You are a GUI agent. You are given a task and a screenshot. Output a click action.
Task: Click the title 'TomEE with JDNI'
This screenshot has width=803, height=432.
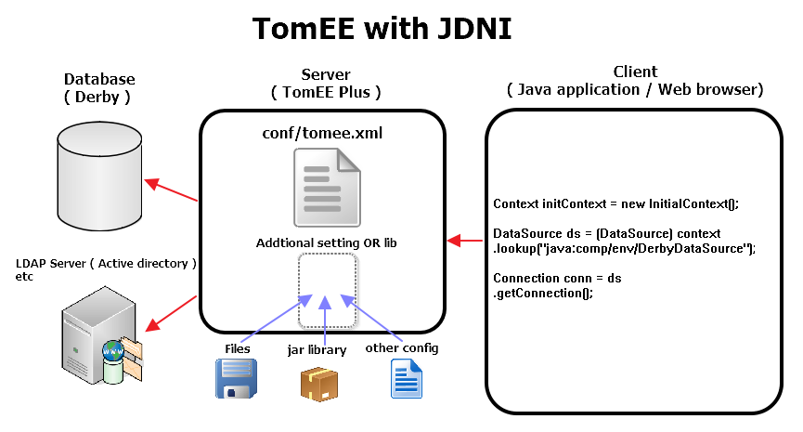pyautogui.click(x=382, y=30)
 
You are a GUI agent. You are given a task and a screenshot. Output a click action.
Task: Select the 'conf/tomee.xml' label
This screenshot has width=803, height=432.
pyautogui.click(x=324, y=133)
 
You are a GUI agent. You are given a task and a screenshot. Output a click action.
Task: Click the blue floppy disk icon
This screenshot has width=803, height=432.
pyautogui.click(x=233, y=380)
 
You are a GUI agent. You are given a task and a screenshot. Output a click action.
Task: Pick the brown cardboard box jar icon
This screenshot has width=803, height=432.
pyautogui.click(x=318, y=382)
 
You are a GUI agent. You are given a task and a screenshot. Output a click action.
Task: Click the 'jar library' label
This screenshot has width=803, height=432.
pyautogui.click(x=317, y=350)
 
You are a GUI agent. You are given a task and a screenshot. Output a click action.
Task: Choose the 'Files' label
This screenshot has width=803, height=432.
pyautogui.click(x=238, y=348)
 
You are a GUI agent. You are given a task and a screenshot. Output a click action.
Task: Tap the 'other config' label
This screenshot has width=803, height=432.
pyautogui.click(x=401, y=348)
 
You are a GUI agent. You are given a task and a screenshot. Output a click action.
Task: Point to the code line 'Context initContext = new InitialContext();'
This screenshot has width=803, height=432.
pyautogui.click(x=615, y=203)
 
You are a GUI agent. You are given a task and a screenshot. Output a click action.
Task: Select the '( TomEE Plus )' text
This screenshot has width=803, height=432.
pyautogui.click(x=325, y=93)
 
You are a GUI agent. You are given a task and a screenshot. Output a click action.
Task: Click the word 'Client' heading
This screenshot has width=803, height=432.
pyautogui.click(x=635, y=72)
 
